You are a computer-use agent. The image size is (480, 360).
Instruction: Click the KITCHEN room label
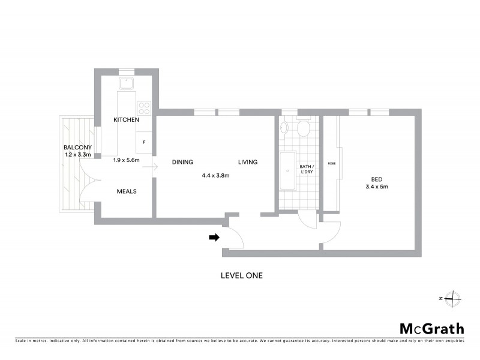coord(126,120)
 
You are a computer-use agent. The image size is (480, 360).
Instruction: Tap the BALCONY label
coord(77,148)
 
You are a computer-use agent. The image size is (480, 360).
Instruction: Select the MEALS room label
coord(126,191)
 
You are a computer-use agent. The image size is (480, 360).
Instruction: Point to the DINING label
coord(182,162)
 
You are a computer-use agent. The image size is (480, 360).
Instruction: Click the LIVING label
coord(247,162)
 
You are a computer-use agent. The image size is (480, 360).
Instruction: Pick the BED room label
coord(376,179)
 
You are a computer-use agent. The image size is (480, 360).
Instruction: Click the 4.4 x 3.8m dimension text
coord(215,176)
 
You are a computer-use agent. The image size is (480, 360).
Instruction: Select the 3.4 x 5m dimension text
coord(376,187)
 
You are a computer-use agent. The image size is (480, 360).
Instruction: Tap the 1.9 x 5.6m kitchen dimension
coord(126,160)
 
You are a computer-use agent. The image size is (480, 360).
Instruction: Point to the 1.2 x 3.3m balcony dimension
coord(77,155)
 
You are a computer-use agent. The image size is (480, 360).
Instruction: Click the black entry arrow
coord(214,238)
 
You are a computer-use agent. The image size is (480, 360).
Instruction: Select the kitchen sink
coord(126,83)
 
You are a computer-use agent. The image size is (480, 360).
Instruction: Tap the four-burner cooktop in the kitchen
coord(144,108)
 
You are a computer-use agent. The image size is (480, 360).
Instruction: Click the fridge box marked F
coord(144,142)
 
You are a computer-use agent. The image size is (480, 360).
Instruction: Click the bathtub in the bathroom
coord(287,171)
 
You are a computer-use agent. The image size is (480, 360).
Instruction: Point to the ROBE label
coord(331,163)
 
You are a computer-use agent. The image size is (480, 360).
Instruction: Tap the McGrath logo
coord(431,328)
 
